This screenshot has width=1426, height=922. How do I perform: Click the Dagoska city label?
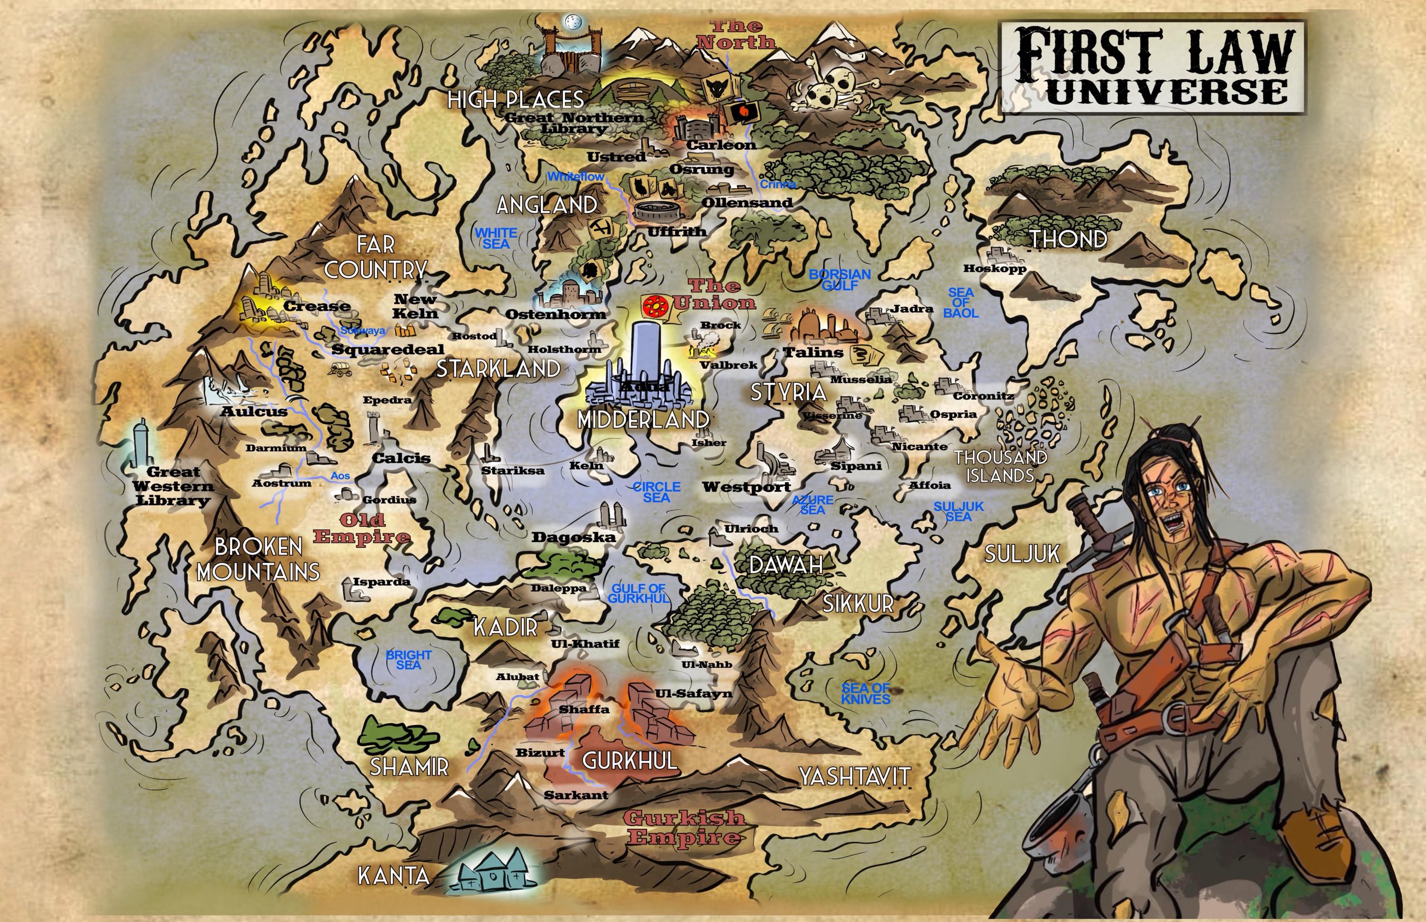(x=573, y=537)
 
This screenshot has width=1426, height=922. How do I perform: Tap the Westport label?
(x=747, y=487)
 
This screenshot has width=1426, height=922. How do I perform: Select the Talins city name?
(x=813, y=352)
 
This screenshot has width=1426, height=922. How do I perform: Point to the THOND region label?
(x=1068, y=239)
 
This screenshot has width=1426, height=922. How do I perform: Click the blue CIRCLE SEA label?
(x=657, y=492)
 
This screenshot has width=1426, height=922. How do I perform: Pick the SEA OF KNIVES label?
(x=865, y=694)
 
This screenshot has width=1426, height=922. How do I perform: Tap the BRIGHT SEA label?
(x=409, y=660)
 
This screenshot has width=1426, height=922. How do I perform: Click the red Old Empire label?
(x=361, y=528)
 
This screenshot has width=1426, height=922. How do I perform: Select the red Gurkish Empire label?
(x=684, y=827)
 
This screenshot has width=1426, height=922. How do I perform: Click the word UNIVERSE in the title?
(x=1166, y=92)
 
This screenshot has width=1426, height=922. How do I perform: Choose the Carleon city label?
(x=721, y=145)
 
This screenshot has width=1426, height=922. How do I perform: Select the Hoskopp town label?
(x=994, y=268)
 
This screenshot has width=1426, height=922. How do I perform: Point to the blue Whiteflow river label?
(x=576, y=177)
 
